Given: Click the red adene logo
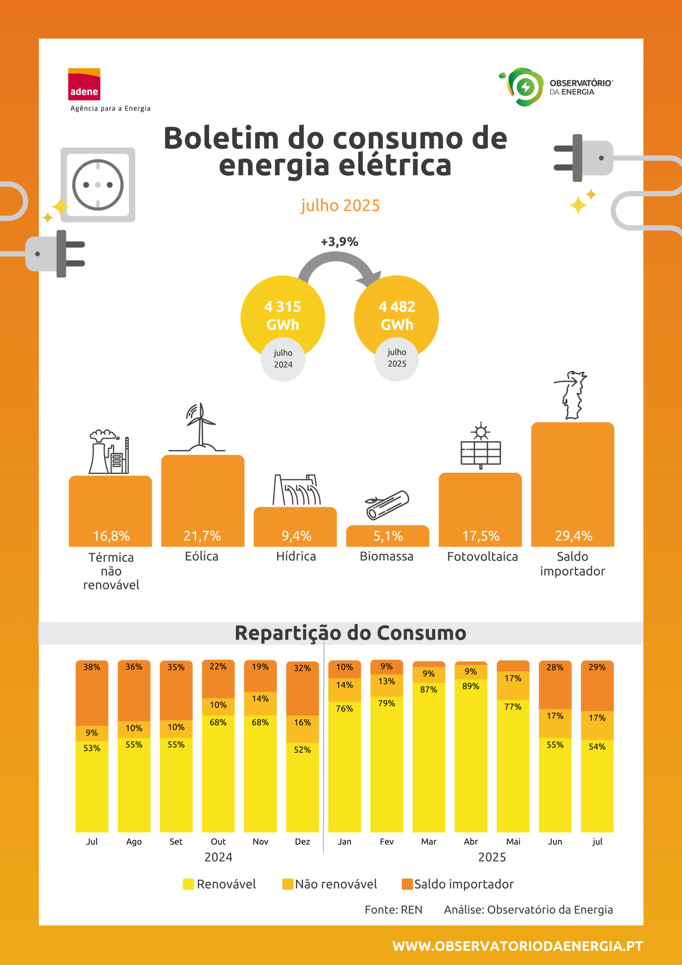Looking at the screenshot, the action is (x=84, y=84).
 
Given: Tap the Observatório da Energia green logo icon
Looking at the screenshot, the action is (x=521, y=87).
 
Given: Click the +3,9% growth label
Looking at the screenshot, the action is (x=339, y=242).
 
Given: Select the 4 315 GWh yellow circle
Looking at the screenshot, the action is (x=283, y=317).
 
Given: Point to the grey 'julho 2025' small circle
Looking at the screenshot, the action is (x=397, y=358).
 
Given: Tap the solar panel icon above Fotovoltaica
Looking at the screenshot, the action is (x=481, y=446).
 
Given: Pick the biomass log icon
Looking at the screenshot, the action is (x=387, y=505).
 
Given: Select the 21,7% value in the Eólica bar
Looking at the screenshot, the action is (x=202, y=536).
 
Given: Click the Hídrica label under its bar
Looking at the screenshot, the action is (x=296, y=556).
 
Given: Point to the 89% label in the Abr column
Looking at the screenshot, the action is (x=471, y=686).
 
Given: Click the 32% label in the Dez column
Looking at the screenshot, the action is (x=302, y=668).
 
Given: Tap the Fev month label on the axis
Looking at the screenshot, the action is (x=387, y=841).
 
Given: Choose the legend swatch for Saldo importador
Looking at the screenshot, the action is (x=407, y=884).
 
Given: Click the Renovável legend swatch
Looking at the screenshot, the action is (x=188, y=884).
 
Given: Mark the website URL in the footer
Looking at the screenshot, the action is (x=518, y=946).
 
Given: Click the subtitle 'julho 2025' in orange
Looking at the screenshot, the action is (x=340, y=205).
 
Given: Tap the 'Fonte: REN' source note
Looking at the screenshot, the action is (x=393, y=910).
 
